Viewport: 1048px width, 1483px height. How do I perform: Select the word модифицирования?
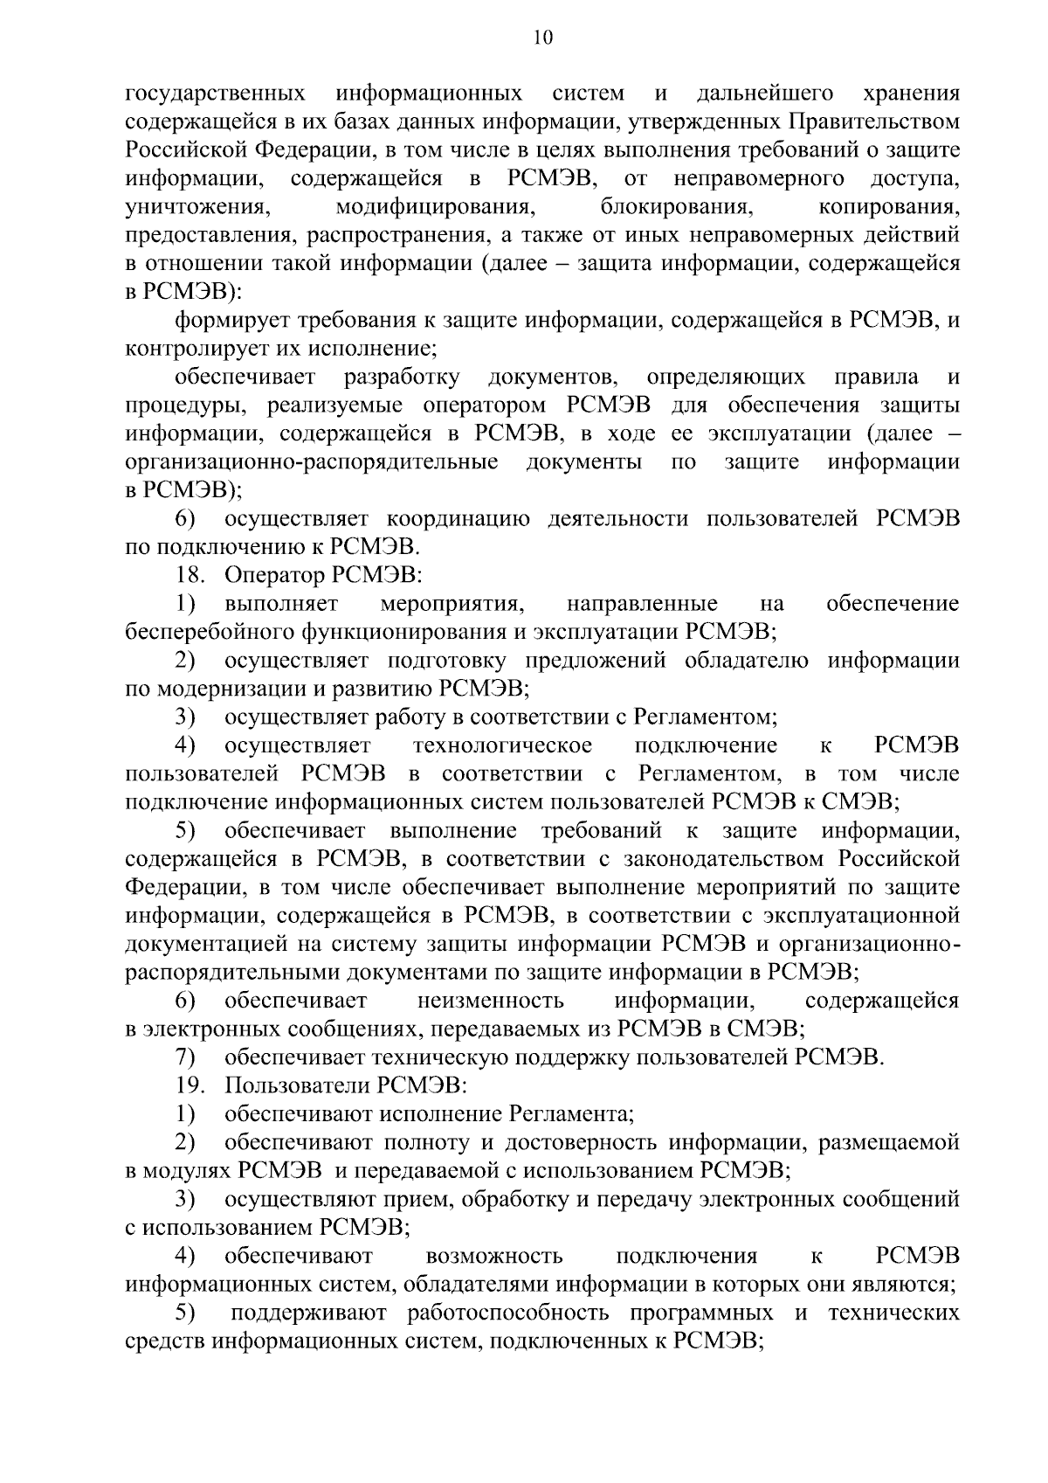435,207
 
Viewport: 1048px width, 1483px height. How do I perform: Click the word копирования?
890,207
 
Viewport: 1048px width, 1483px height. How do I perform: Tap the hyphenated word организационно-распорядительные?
312,462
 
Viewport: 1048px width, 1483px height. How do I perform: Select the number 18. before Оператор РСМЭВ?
189,576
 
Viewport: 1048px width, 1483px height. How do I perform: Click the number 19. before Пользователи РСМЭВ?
189,1086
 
